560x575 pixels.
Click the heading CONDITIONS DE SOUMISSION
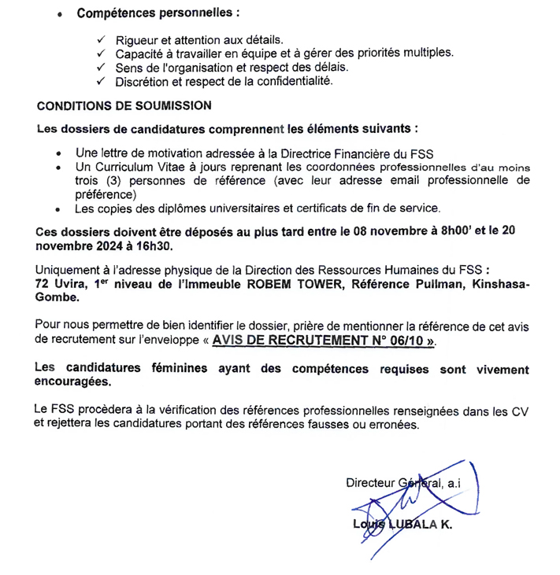click(x=124, y=105)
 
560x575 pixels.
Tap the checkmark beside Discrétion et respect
click(x=101, y=81)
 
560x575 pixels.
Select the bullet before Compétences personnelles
click(x=61, y=14)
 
